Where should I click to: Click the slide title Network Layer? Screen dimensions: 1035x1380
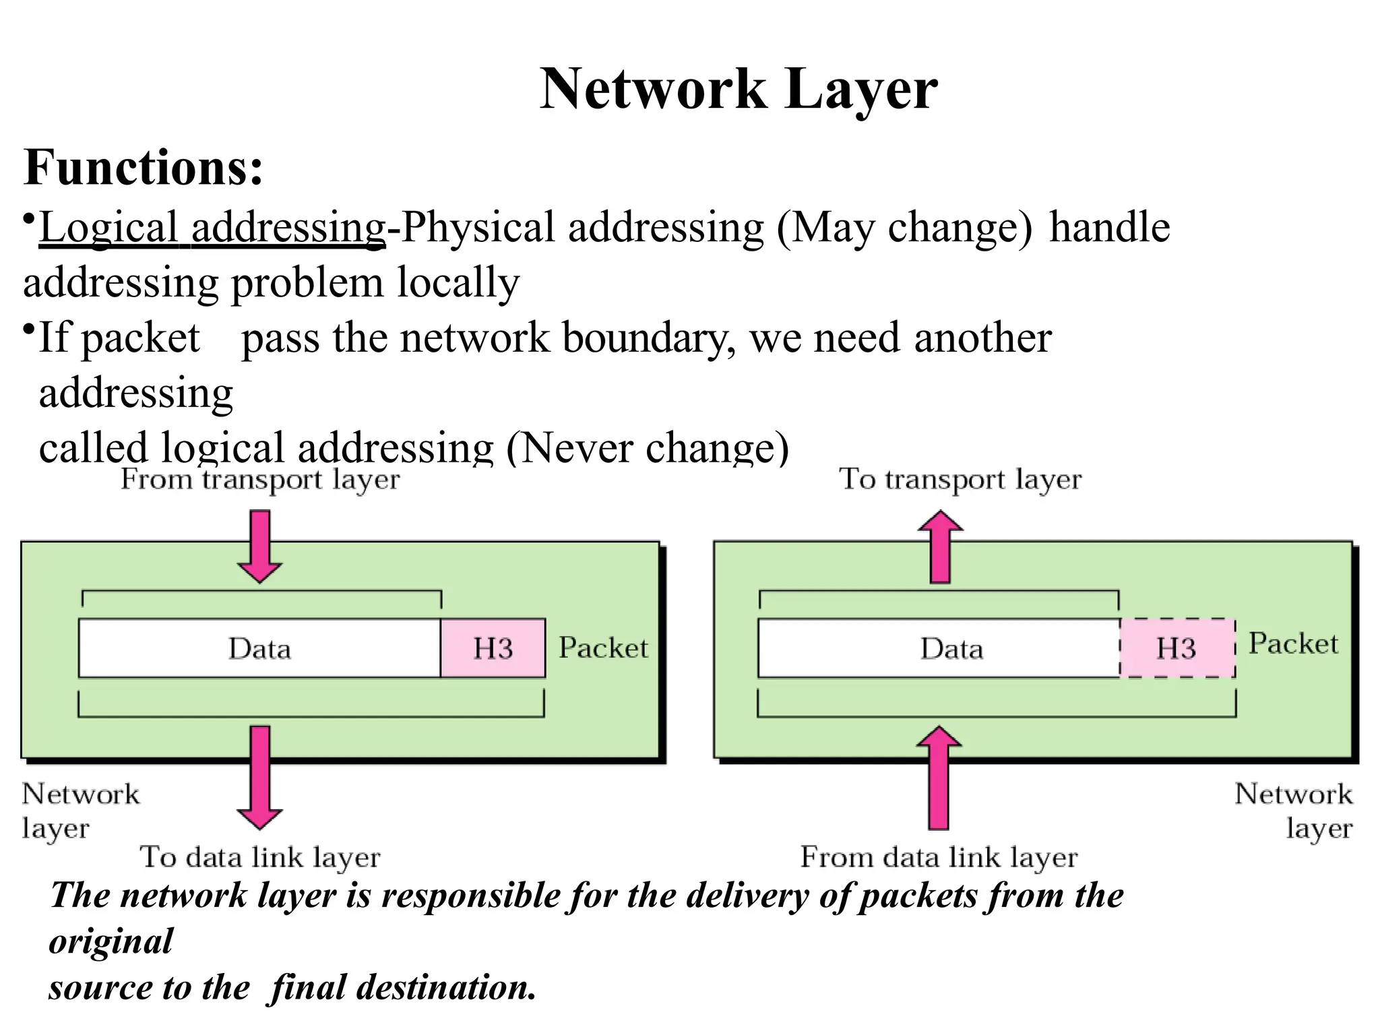739,90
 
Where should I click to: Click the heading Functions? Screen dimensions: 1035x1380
143,168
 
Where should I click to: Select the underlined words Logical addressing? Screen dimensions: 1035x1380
212,228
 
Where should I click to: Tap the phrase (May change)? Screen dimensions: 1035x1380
904,228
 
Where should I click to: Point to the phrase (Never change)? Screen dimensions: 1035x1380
647,448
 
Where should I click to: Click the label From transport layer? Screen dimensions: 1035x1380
260,480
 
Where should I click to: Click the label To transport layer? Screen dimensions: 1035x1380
960,480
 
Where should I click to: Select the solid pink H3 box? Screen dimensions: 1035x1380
493,648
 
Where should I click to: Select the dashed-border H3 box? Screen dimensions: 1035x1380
1177,648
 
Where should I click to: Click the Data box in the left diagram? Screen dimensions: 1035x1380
259,648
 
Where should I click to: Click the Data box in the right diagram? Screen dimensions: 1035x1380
951,648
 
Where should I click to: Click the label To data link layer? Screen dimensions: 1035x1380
260,858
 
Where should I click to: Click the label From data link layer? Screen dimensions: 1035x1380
939,858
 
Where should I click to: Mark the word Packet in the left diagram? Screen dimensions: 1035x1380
603,648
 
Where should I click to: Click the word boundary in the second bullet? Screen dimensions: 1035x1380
648,338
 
